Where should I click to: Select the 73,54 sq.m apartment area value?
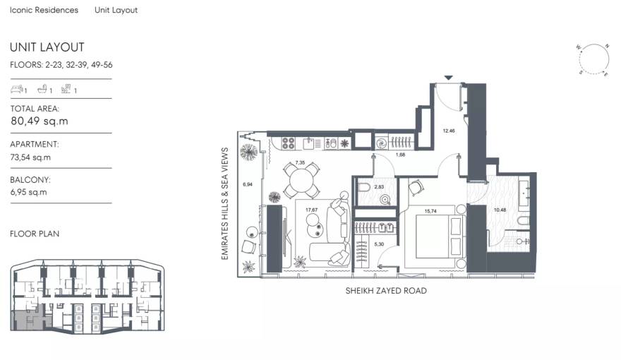click(30, 157)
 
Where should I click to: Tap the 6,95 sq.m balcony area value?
click(29, 193)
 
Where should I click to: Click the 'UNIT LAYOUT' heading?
click(47, 47)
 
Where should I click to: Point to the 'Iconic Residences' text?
click(44, 11)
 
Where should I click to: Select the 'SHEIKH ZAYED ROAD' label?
click(385, 291)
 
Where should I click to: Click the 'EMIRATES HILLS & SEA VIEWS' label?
click(225, 204)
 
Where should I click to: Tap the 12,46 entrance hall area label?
click(449, 131)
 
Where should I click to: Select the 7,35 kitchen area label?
click(300, 163)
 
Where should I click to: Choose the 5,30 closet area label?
click(379, 244)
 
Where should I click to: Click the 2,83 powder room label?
click(378, 187)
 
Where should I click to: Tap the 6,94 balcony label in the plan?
click(247, 184)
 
